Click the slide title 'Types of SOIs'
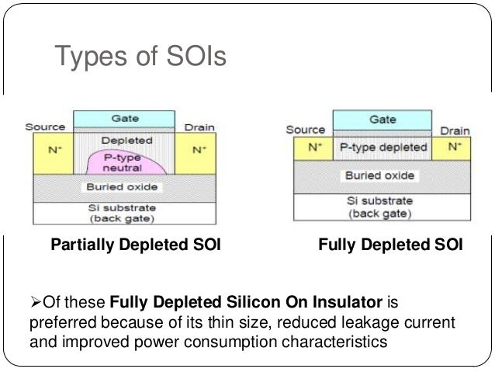pos(140,57)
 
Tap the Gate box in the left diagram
pos(125,119)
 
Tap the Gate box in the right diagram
pos(382,120)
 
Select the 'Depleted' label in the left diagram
pos(124,141)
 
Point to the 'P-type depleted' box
pos(382,146)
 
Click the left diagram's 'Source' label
pos(45,127)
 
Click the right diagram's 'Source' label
pos(305,130)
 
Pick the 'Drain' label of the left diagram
pos(199,127)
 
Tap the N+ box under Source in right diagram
pos(313,146)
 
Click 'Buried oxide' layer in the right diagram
pos(381,176)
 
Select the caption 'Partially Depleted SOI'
pos(136,246)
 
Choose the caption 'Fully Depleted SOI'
pos(391,246)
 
